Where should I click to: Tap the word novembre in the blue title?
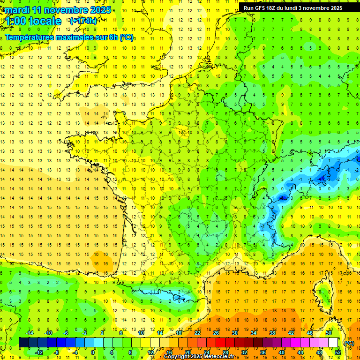(67, 9)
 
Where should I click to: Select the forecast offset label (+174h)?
(83, 21)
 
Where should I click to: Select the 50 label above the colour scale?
(329, 333)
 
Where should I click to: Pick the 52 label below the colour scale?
(337, 352)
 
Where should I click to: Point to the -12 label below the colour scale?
(38, 352)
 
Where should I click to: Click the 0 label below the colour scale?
(93, 352)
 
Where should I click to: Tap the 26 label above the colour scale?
(216, 333)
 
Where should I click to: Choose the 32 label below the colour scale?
(244, 352)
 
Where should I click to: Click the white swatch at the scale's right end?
(333, 342)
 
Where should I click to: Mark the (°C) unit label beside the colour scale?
(349, 343)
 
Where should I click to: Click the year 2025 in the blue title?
(101, 9)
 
